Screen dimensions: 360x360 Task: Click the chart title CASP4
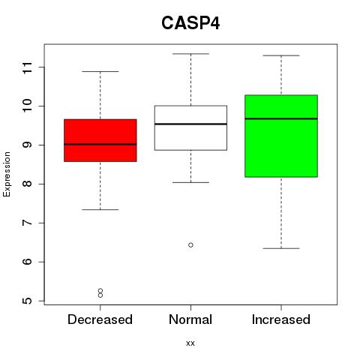coord(190,23)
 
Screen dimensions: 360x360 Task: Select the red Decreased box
coord(100,140)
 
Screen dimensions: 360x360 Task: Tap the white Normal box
coord(190,127)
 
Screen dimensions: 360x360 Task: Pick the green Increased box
coord(281,136)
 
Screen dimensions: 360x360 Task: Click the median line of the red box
coord(100,144)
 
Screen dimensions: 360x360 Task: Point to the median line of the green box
coord(281,118)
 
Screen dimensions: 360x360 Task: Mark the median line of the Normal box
coord(190,124)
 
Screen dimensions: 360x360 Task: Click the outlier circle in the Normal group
coord(190,245)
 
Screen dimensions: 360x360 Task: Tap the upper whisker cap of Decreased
coord(100,72)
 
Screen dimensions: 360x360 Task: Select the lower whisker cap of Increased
coord(281,248)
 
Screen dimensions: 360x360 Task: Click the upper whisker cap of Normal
coord(190,54)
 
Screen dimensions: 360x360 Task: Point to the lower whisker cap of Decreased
coord(100,209)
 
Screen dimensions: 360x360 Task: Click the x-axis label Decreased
coord(100,319)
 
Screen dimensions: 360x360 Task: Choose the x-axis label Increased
coord(281,319)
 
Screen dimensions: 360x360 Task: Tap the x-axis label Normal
coord(190,319)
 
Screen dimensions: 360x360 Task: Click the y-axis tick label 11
coord(28,67)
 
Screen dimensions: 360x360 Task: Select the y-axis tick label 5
coord(28,301)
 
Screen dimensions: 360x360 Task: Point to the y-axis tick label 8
coord(28,184)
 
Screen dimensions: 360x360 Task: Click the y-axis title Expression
coord(7,174)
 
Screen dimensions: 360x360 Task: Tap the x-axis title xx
coord(190,343)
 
